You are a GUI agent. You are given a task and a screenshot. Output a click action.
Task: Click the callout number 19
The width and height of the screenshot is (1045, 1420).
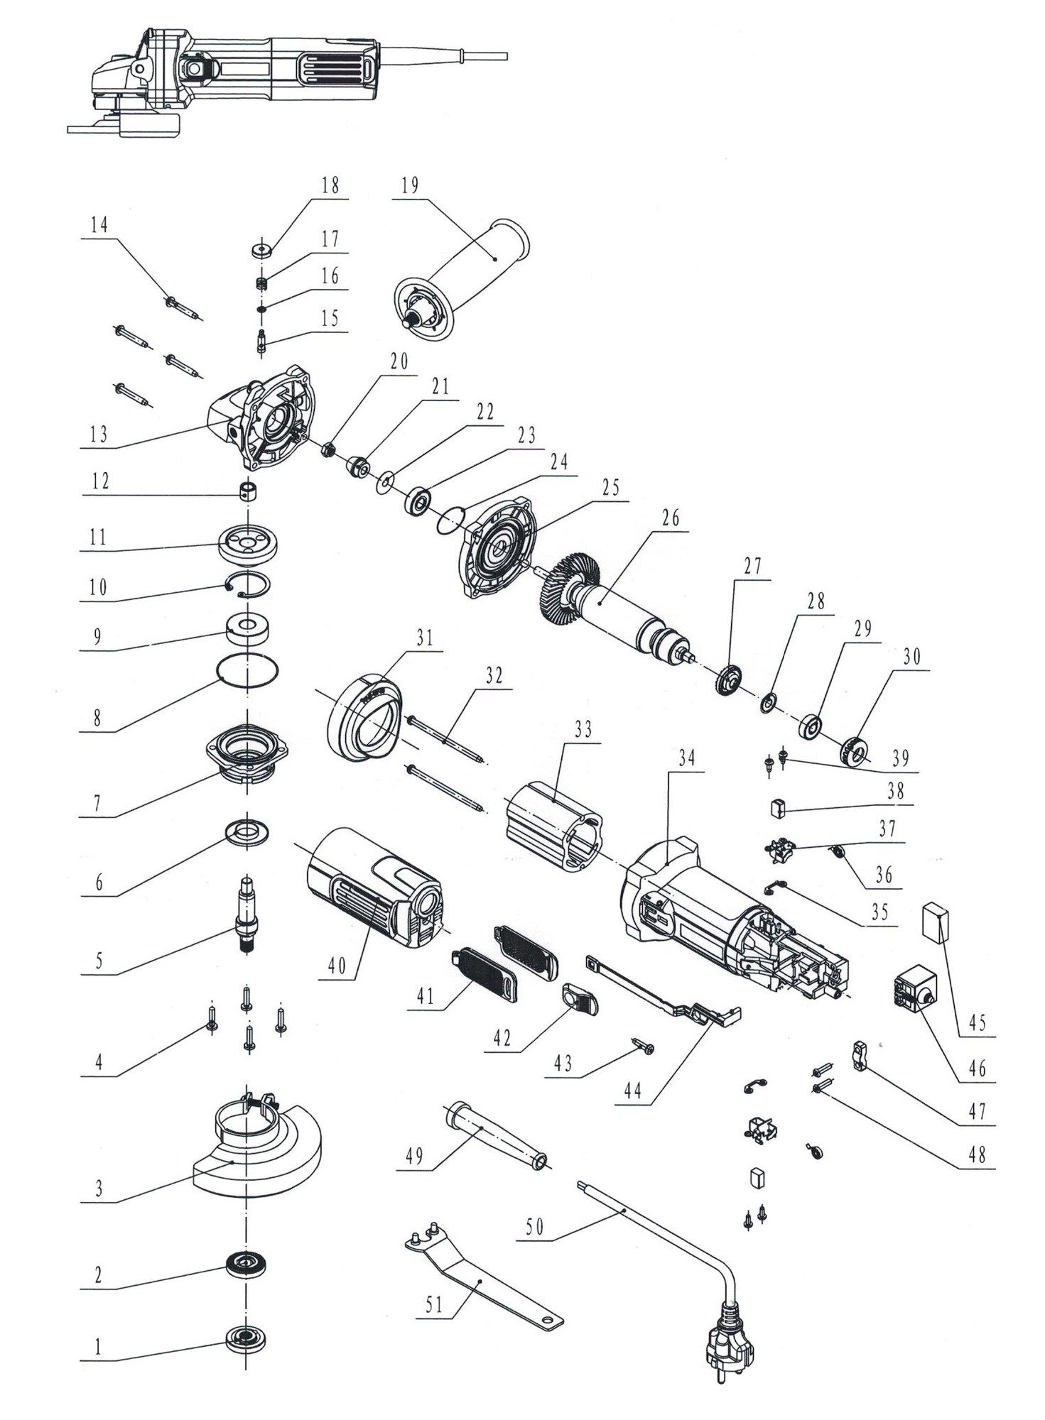click(410, 186)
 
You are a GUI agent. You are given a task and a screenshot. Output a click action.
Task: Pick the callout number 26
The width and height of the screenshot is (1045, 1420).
click(671, 518)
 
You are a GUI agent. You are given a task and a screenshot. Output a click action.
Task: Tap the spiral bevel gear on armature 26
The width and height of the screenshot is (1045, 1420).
click(568, 586)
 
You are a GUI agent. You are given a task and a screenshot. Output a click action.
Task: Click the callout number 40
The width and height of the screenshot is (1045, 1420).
click(336, 966)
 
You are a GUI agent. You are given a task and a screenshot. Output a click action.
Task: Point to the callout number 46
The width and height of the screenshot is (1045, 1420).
click(978, 1068)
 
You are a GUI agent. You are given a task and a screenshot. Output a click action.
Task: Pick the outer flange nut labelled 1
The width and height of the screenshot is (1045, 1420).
click(246, 1339)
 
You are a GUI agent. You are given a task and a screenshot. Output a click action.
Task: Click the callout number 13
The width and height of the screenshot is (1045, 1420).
click(99, 434)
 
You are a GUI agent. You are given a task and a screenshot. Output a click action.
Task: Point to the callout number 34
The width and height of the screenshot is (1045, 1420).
click(686, 759)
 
